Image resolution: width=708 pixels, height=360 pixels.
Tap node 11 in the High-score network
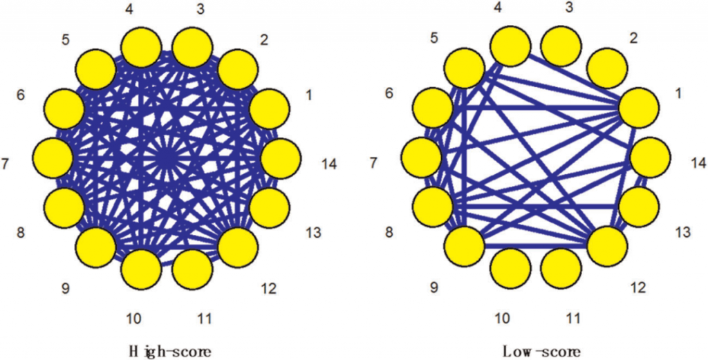pyautogui.click(x=192, y=269)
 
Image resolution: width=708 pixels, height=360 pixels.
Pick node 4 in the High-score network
pyautogui.click(x=141, y=48)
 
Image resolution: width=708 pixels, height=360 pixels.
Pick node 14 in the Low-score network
pyautogui.click(x=651, y=157)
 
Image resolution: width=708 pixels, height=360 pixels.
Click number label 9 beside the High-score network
pyautogui.click(x=65, y=288)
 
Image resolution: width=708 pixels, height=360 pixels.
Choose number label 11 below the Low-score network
pyautogui.click(x=572, y=318)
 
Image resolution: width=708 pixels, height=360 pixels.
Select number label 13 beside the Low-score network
pyautogui.click(x=682, y=232)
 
